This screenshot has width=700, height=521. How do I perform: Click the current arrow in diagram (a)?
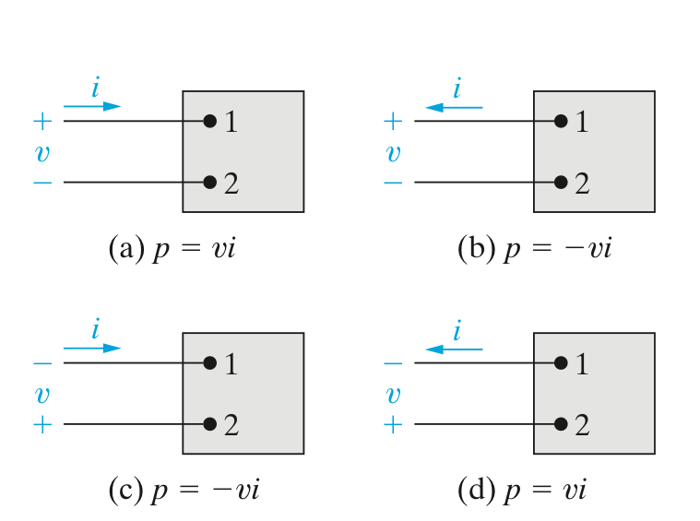click(92, 106)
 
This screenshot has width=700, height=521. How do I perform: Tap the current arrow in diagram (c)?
click(92, 348)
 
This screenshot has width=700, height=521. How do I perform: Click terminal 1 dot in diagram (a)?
click(209, 121)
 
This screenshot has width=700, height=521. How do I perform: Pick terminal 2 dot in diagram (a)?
click(209, 182)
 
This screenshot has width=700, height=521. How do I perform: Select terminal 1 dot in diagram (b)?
click(561, 121)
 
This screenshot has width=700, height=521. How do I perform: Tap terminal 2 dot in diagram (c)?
click(209, 424)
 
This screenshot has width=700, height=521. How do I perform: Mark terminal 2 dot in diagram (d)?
click(561, 424)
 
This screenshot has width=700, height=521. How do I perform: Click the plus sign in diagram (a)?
click(42, 121)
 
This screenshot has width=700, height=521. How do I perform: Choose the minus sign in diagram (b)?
click(393, 183)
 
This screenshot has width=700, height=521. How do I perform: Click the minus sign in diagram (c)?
click(42, 363)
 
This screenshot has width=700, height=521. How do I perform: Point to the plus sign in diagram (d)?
click(393, 425)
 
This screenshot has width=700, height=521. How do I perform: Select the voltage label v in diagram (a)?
click(41, 151)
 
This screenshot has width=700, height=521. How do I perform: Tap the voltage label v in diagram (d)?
click(393, 394)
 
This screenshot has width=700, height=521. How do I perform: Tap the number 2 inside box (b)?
click(582, 183)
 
